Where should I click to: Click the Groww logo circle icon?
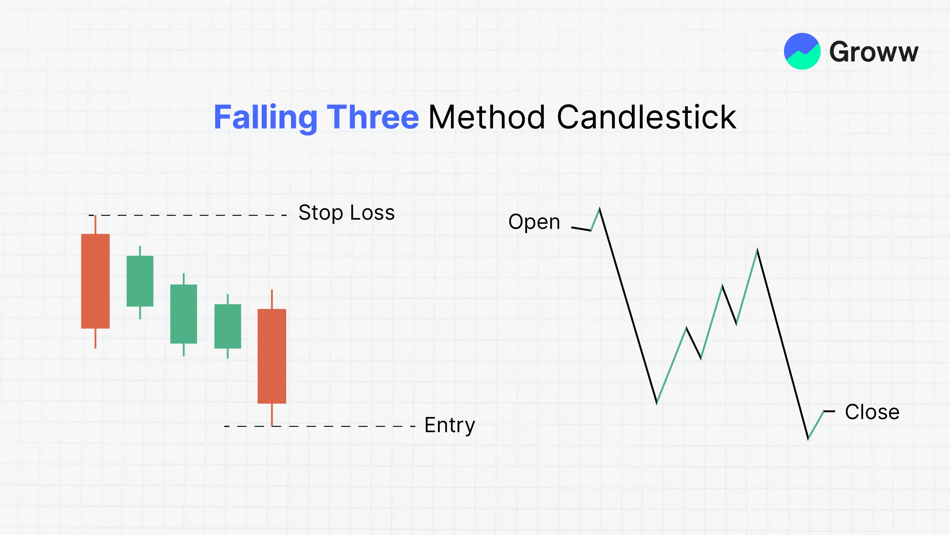tap(802, 51)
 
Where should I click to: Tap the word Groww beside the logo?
tap(874, 52)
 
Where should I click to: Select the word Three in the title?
tap(373, 117)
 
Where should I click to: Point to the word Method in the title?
tap(487, 117)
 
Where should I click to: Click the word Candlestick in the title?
tap(647, 117)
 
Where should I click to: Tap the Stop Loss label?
tap(347, 213)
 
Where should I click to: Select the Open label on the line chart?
tap(534, 222)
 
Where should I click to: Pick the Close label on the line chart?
tap(872, 412)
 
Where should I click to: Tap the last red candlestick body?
tap(272, 356)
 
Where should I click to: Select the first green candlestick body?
tap(140, 281)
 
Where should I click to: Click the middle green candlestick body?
tap(184, 314)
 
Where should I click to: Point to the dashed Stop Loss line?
tap(188, 215)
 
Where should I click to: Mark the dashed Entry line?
tap(320, 426)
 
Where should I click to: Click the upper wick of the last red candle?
tap(272, 299)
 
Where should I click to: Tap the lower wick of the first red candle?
tap(96, 339)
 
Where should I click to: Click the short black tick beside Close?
tap(829, 411)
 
